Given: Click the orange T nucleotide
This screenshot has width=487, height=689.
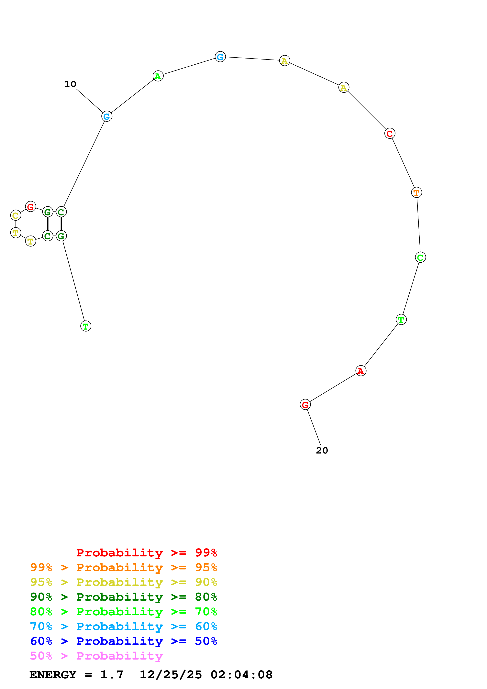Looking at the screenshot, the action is [416, 192].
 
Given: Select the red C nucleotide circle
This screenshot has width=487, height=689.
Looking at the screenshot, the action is [390, 133].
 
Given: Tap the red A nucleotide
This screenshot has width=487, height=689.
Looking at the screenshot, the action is [361, 371].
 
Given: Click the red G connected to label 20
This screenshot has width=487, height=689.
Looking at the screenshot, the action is [305, 405].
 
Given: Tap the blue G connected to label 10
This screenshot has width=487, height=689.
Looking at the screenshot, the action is [107, 116].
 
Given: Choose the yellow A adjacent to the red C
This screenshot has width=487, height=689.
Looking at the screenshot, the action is [344, 88].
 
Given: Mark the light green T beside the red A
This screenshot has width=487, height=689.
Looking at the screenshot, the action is [401, 320].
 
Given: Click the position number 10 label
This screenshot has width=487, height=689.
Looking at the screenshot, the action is [70, 84].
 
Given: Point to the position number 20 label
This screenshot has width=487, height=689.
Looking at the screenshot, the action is [322, 450].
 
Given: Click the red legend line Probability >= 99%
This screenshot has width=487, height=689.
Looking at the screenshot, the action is [146, 553].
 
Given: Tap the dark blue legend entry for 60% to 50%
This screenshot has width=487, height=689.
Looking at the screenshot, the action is [123, 641].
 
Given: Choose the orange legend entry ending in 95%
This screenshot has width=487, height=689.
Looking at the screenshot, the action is [123, 567].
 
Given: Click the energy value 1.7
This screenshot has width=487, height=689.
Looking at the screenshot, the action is [112, 675].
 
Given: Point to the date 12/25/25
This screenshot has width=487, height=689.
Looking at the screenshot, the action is [171, 675].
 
